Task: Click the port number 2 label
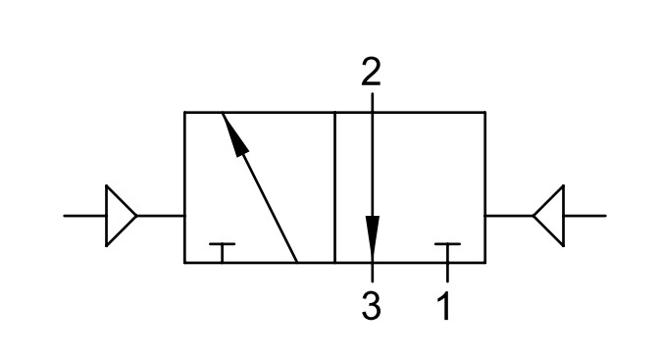point(371,72)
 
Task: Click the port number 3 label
point(372,306)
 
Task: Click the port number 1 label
point(444,306)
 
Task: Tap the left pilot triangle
point(121,216)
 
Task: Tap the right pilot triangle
point(549,216)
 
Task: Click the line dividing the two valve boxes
point(334,187)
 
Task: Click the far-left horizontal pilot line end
point(64,216)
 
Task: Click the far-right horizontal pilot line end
point(606,216)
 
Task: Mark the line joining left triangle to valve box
point(161,216)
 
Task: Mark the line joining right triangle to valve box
point(509,216)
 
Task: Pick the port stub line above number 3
point(372,273)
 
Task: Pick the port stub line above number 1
point(447,273)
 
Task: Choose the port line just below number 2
point(372,102)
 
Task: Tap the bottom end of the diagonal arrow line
point(297,262)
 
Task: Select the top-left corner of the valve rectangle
point(184,113)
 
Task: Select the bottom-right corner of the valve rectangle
point(485,263)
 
